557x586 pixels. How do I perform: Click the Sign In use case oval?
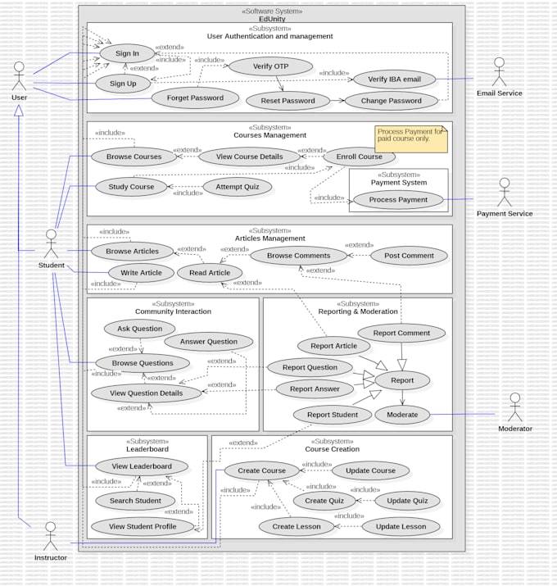[x=127, y=53]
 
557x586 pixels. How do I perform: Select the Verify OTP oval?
[x=270, y=66]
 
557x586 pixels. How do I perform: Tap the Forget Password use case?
[x=195, y=98]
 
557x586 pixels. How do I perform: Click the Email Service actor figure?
[x=499, y=72]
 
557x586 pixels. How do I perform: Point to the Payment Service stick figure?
[x=504, y=193]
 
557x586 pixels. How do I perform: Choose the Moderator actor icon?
[x=514, y=407]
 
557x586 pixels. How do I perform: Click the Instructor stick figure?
[x=50, y=536]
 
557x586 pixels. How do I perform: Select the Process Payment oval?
[x=398, y=199]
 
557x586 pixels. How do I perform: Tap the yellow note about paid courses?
[x=411, y=139]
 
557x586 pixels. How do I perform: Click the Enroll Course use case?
[x=360, y=157]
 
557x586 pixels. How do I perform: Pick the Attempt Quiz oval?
[x=238, y=187]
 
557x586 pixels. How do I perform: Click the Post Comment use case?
[x=409, y=256]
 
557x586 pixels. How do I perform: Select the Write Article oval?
[x=141, y=273]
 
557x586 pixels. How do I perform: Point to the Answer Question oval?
[x=209, y=342]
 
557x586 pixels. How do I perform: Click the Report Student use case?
[x=333, y=415]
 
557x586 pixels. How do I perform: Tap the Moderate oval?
[x=402, y=415]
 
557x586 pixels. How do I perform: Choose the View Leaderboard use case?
[x=142, y=466]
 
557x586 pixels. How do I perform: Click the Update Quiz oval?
[x=407, y=501]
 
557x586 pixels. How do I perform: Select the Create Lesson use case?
[x=297, y=527]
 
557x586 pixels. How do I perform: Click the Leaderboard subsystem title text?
[x=147, y=449]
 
